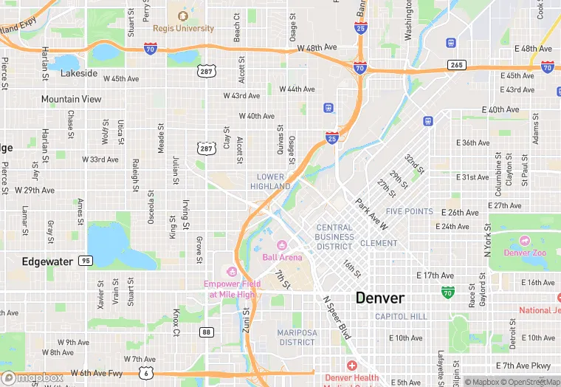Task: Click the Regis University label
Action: [183, 29]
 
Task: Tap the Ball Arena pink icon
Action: [281, 245]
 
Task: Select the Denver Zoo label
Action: [524, 253]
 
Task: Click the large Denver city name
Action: [380, 298]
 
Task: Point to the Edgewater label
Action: [47, 261]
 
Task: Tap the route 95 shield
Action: [86, 261]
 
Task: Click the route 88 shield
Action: [206, 332]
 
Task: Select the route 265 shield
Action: [457, 66]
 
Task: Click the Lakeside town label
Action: [79, 74]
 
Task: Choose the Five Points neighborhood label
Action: [410, 211]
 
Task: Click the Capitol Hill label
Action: [401, 316]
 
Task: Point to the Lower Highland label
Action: [270, 182]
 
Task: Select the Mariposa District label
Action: [297, 338]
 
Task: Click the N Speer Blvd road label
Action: [337, 318]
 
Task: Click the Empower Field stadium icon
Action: [232, 272]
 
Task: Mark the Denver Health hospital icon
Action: [351, 366]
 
